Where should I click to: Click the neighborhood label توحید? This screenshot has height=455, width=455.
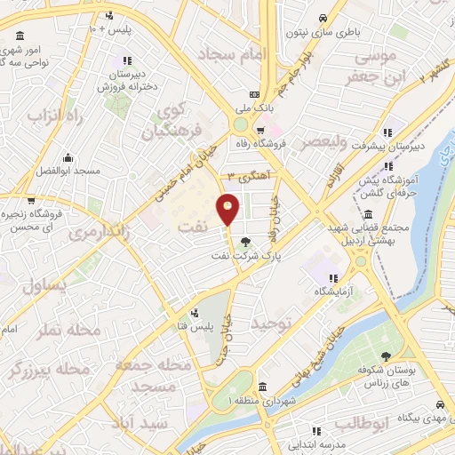pyautogui.click(x=270, y=324)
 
